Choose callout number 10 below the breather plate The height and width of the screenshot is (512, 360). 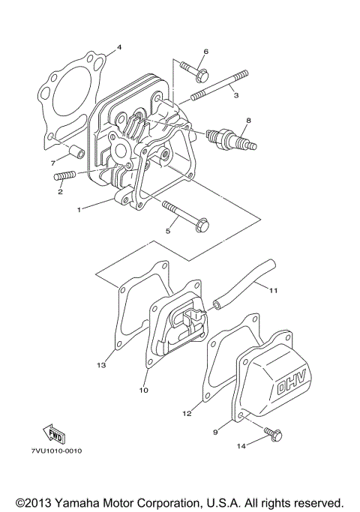(144, 390)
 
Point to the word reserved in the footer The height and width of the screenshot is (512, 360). (314, 502)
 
